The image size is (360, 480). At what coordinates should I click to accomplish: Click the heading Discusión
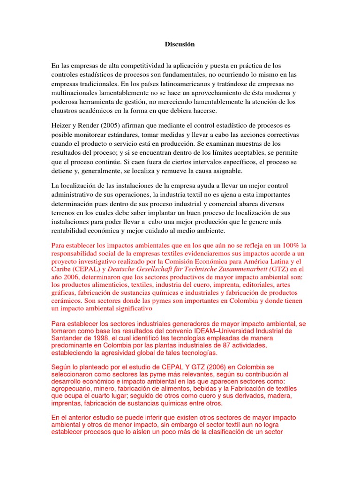pyautogui.click(x=180, y=45)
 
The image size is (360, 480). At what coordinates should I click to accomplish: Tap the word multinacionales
pyautogui.click(x=75, y=93)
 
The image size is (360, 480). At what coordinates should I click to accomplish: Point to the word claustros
pyautogui.click(x=65, y=111)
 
